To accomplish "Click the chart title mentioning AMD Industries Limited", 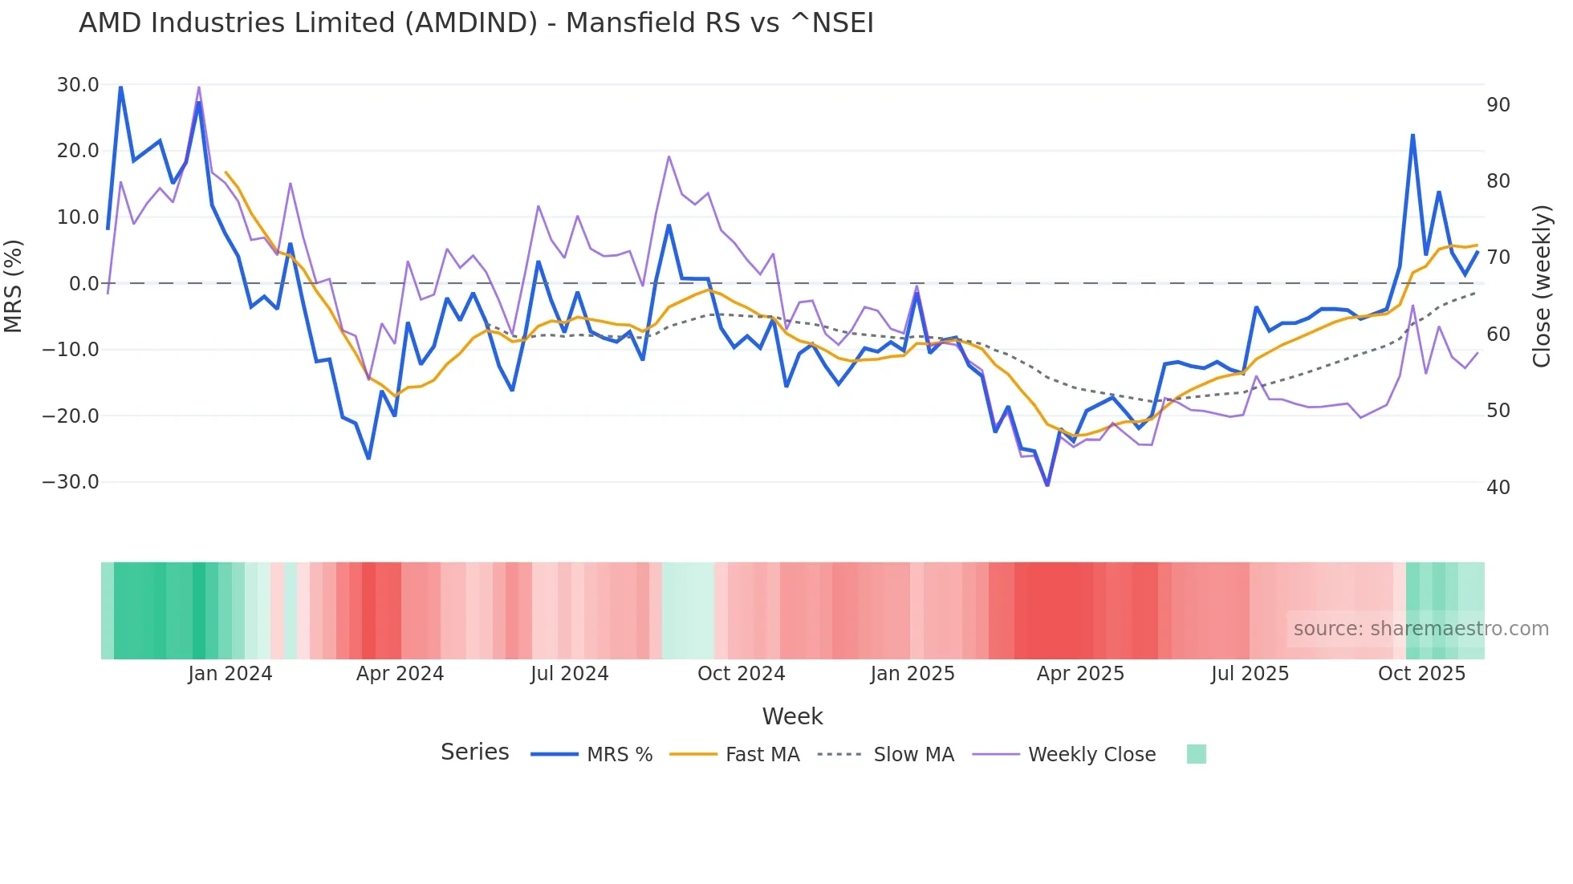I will pos(476,22).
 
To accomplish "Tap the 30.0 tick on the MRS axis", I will pos(78,85).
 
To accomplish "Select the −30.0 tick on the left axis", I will pos(71,482).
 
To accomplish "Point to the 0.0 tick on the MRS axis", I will pos(83,284).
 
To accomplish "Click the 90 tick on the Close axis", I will pos(1498,105).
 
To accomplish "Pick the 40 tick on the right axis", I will pos(1498,488).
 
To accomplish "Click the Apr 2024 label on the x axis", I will pos(400,674).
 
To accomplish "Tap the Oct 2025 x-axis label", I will pos(1421,674).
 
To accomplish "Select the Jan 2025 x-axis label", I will pos(913,674).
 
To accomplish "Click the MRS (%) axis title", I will pos(14,286).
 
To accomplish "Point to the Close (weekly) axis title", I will pos(1542,286).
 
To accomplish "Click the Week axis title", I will pos(792,716).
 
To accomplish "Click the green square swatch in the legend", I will pos(1196,754).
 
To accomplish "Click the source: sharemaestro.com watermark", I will pos(1421,629).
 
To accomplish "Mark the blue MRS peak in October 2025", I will pos(1412,136).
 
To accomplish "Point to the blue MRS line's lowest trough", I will pos(1047,485).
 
